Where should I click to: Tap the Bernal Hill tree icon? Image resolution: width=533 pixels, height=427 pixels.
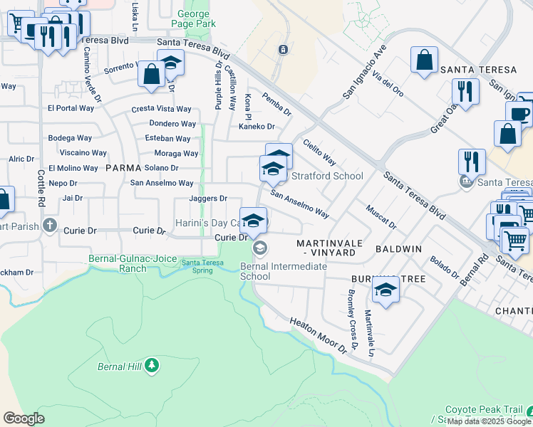point(151,366)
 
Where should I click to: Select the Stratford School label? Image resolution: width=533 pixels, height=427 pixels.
point(327,176)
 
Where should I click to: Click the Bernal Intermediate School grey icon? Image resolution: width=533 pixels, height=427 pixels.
point(259,248)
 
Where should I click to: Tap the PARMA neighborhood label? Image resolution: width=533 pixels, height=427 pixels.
point(123,168)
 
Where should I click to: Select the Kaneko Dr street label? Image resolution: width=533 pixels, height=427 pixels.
point(257,127)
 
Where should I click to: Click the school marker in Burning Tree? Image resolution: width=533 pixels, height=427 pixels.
point(385,290)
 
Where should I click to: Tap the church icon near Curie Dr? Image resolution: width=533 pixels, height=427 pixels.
point(49,226)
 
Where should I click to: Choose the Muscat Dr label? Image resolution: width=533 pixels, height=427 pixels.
point(381,217)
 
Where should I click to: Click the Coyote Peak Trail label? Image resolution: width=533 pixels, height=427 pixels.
point(484,411)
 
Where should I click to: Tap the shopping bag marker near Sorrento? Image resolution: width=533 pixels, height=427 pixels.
point(152,74)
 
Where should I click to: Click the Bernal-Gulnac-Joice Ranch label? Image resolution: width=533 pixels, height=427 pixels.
point(118,263)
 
